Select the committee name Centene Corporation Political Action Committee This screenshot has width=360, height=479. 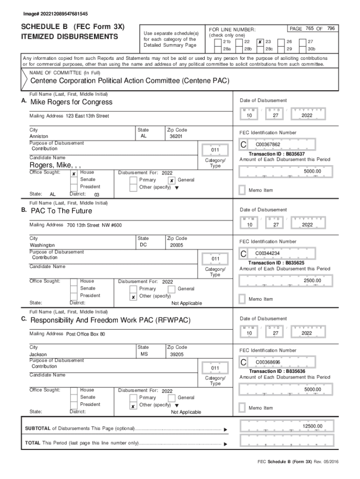pyautogui.click(x=130, y=81)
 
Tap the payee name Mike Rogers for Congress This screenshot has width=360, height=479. pyautogui.click(x=71, y=102)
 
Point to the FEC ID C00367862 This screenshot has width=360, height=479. pyautogui.click(x=267, y=145)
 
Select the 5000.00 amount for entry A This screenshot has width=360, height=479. pyautogui.click(x=312, y=171)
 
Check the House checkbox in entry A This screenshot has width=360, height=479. pyautogui.click(x=74, y=173)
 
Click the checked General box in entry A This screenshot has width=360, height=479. pyautogui.click(x=172, y=180)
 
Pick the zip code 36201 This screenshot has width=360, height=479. pyautogui.click(x=176, y=137)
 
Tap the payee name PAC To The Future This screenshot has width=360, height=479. pyautogui.click(x=61, y=211)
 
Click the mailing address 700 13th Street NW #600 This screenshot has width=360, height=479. pyautogui.click(x=94, y=225)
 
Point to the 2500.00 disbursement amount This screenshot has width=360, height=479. pyautogui.click(x=312, y=280)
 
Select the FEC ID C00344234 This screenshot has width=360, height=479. pyautogui.click(x=267, y=254)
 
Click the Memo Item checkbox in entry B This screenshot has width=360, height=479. pyautogui.click(x=242, y=298)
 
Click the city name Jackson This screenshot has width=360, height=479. pyautogui.click(x=38, y=355)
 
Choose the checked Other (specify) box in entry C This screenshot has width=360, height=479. pyautogui.click(x=133, y=406)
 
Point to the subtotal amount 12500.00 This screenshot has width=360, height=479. pyautogui.click(x=312, y=426)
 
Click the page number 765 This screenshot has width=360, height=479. pyautogui.click(x=310, y=29)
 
